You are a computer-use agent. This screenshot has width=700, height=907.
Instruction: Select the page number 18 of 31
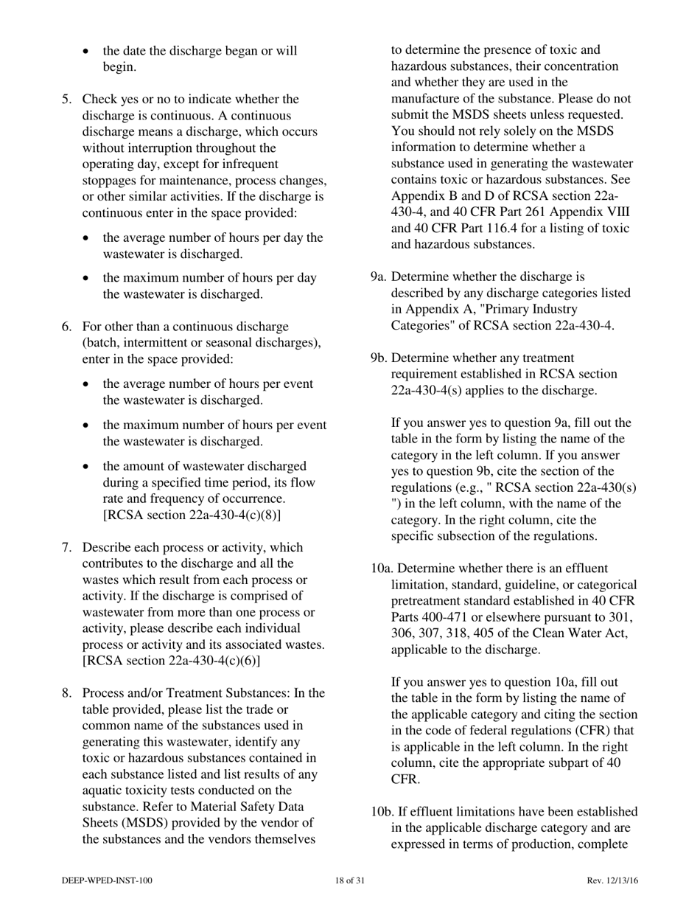[x=349, y=880]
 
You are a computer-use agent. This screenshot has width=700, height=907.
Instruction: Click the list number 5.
[x=66, y=99]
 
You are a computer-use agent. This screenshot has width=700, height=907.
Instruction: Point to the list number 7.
[x=66, y=547]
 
